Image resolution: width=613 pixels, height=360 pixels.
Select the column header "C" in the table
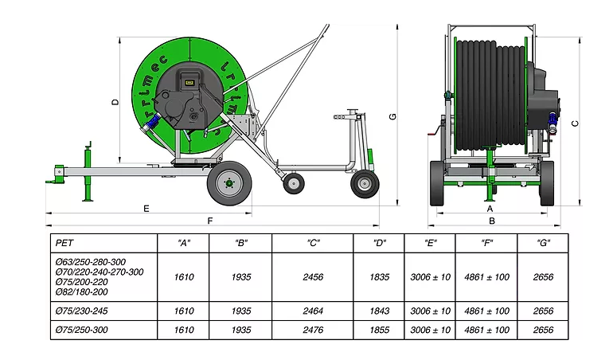(x=313, y=243)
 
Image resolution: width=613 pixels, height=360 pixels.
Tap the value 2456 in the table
(x=313, y=277)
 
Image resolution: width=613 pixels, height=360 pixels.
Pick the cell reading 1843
(x=380, y=311)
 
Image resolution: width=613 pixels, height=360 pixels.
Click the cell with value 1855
(x=380, y=330)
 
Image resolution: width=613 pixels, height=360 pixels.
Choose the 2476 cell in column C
(x=313, y=330)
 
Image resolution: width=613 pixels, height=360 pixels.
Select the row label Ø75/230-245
(x=82, y=311)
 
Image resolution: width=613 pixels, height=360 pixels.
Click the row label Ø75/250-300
(x=82, y=330)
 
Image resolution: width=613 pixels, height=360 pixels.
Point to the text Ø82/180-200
(x=82, y=292)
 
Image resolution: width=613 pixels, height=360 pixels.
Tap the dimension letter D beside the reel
(x=115, y=102)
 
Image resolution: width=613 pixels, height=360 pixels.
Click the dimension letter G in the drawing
(x=393, y=116)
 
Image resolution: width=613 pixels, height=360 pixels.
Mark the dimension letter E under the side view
(x=146, y=209)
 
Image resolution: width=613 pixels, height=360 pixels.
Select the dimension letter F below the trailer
(x=210, y=221)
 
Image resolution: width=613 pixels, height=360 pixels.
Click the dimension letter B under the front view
(x=492, y=221)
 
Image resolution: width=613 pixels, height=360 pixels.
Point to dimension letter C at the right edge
(x=575, y=123)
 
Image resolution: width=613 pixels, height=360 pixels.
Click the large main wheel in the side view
(x=229, y=183)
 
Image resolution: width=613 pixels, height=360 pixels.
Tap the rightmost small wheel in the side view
(x=365, y=183)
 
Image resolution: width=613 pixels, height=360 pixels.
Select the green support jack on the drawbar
(x=88, y=171)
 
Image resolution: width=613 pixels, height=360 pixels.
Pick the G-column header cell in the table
(x=544, y=243)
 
